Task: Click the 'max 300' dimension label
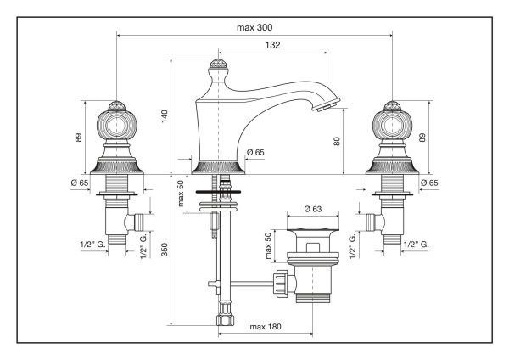[255, 27]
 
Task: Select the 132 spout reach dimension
[272, 45]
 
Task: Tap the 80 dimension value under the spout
[338, 142]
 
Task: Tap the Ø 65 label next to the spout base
[256, 152]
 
